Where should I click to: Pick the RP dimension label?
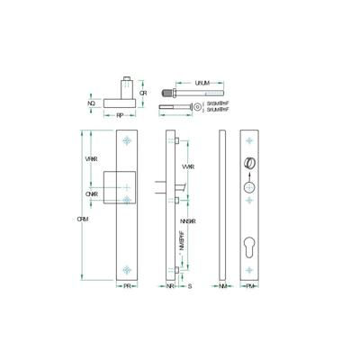[x=119, y=115]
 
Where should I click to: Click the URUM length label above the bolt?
[x=203, y=83]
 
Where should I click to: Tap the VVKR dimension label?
[x=188, y=167]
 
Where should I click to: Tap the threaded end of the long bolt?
[x=167, y=92]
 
